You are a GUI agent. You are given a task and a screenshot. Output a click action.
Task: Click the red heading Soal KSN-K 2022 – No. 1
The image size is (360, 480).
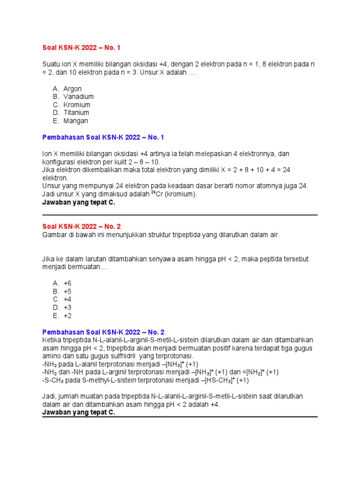(x=84, y=47)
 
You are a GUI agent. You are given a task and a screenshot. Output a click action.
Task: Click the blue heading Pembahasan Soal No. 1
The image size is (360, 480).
(x=104, y=137)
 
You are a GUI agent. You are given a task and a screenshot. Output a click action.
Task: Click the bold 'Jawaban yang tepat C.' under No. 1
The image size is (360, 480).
(x=79, y=202)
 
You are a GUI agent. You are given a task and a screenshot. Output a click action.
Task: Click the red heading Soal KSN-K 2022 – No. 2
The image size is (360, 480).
(x=84, y=226)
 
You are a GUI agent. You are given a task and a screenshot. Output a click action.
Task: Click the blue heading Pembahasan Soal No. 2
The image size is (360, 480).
(x=104, y=331)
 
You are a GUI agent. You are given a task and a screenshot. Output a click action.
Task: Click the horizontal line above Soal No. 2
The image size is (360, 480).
(x=180, y=215)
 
